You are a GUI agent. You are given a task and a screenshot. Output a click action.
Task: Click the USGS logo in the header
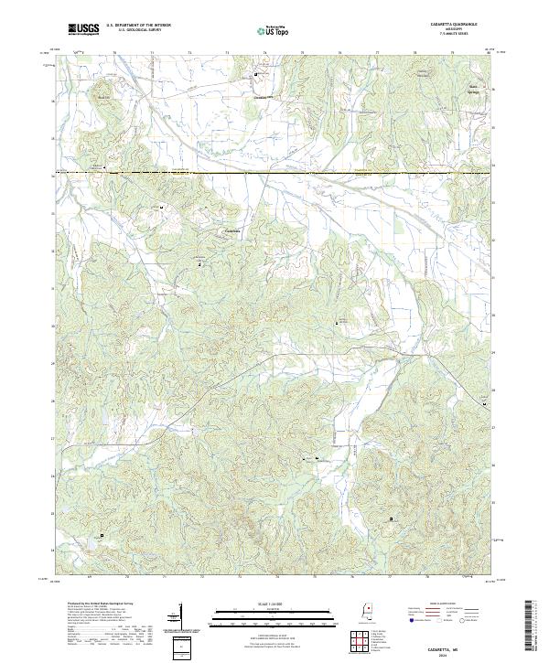83,29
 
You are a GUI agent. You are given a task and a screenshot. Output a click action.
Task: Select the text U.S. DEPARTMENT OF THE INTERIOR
137,27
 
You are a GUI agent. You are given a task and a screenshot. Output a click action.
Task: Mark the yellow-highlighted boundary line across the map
274,173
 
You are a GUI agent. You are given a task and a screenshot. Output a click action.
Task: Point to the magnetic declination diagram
180,615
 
